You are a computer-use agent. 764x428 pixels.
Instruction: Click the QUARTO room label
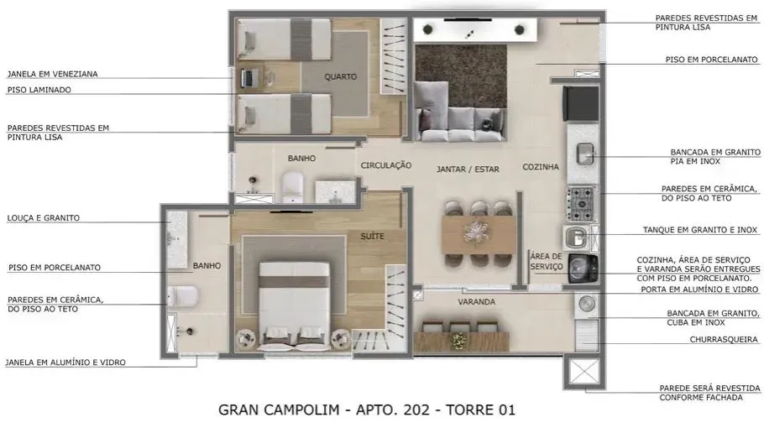(340, 76)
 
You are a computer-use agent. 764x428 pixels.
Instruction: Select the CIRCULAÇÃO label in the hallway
(385, 166)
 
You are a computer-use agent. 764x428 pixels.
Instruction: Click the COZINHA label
(540, 167)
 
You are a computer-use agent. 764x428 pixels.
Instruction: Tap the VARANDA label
(476, 301)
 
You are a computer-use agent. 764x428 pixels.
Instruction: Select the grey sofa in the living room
(460, 123)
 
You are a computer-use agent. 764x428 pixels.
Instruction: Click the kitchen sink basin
(585, 153)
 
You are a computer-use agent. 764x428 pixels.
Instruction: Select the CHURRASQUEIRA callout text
(723, 340)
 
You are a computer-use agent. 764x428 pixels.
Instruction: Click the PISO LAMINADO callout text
(39, 90)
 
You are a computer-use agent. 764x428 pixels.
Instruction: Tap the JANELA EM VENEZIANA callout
(52, 74)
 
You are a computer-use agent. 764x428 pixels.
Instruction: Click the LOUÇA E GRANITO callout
(44, 218)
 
